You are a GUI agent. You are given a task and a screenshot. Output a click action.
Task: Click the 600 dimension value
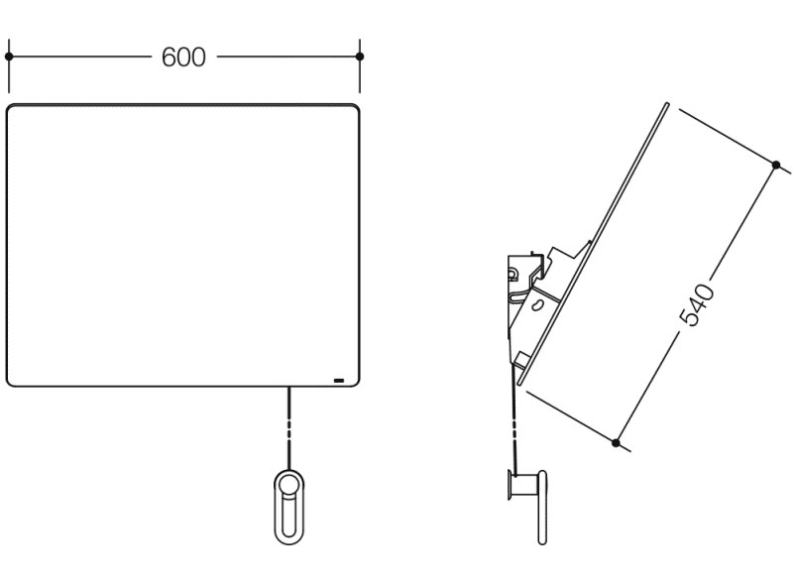tap(183, 57)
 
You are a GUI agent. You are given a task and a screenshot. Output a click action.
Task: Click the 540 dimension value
tap(696, 305)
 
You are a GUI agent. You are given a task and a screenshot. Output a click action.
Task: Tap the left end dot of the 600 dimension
tap(9, 57)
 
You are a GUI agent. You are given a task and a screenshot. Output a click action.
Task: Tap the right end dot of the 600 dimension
tap(360, 57)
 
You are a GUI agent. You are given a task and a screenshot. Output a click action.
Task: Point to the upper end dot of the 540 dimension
tap(775, 165)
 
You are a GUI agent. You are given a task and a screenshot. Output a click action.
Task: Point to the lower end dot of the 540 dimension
tap(616, 442)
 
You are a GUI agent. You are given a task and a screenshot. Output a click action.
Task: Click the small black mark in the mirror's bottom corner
tap(338, 380)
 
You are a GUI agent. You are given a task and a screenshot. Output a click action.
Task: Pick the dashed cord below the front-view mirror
tap(289, 428)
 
